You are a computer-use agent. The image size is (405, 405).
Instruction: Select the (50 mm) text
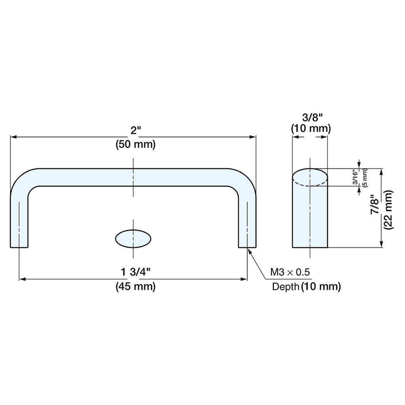135,145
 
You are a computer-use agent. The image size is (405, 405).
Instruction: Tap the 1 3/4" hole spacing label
133,272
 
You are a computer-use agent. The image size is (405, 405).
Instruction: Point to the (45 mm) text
135,287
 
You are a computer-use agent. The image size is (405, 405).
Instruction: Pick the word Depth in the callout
286,287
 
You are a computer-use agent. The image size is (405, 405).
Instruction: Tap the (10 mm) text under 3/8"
311,129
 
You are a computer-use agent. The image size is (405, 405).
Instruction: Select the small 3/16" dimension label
356,178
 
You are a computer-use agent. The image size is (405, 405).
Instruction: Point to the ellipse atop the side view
310,177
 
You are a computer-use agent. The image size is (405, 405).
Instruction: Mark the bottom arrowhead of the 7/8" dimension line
381,244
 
